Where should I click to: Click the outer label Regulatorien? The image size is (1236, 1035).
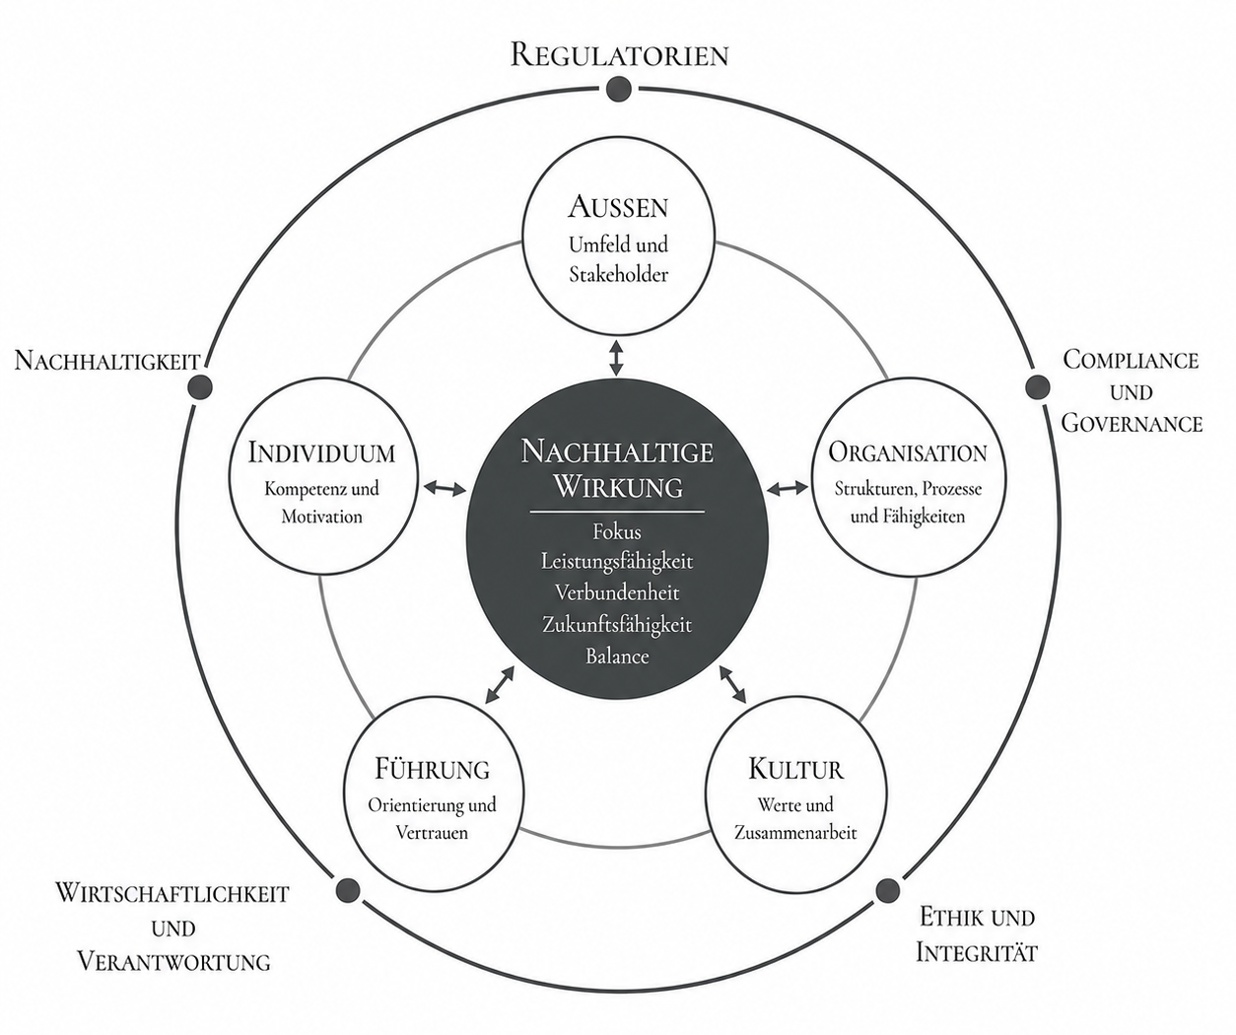pos(619,55)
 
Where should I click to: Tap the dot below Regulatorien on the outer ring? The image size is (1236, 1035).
pos(619,90)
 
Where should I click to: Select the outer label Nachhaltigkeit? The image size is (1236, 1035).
pos(107,360)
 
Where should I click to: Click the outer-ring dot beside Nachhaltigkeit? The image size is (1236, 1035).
pos(199,387)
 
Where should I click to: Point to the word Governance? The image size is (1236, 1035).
pos(1132,423)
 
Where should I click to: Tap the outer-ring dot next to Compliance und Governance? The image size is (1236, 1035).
pos(1037,387)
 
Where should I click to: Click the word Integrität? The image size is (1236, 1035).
pos(977,953)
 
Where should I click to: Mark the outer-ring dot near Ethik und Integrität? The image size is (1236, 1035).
pos(887,890)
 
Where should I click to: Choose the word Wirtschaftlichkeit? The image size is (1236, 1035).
pos(172,893)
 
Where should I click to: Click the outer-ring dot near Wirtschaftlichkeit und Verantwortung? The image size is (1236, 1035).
pos(348,889)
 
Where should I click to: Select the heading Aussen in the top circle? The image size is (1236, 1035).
pos(618,207)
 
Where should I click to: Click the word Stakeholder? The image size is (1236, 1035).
pos(619,275)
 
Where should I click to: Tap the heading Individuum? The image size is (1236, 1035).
pos(321,453)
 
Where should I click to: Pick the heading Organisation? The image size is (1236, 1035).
pos(908,453)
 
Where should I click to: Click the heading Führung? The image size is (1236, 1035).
pos(433,769)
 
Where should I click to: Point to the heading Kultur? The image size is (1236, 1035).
pos(795,769)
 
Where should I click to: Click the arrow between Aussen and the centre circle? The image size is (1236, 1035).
pos(617,358)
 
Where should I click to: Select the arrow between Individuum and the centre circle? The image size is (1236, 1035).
pos(446,488)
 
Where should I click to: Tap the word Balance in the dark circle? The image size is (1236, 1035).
pos(617,656)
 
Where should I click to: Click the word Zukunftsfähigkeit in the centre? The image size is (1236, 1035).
pos(617,625)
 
